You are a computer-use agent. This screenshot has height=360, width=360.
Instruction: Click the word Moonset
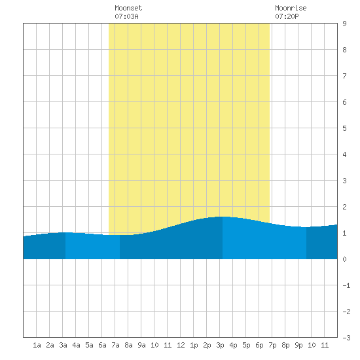128,8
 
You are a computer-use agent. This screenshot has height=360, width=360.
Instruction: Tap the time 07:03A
126,16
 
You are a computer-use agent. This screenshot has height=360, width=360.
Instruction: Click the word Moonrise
291,8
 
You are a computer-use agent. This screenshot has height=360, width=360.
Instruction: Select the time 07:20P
287,16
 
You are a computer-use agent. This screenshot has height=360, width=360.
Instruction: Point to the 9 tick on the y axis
344,24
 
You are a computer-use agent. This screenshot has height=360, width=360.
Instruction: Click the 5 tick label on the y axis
344,128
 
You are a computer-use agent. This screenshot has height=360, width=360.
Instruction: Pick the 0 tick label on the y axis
344,259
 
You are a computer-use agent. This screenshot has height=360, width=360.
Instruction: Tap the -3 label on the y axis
346,338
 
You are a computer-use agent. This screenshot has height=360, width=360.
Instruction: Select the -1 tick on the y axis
346,285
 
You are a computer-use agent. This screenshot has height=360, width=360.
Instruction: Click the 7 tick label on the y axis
344,76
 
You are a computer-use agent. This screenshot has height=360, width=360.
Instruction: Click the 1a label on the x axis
37,345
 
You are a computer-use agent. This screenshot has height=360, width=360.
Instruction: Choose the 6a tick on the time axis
102,345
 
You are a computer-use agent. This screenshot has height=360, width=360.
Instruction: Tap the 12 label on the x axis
181,345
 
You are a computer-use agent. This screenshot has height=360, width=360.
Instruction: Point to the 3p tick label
220,345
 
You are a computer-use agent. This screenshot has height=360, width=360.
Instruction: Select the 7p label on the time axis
272,345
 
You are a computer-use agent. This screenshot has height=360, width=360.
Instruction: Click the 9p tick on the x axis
298,345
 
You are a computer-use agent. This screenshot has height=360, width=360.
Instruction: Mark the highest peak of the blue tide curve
223,217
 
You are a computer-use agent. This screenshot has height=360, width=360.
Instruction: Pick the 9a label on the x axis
141,345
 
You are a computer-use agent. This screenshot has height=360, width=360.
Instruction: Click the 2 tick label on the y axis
344,207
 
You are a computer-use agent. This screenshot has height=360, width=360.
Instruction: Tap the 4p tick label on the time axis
233,345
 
